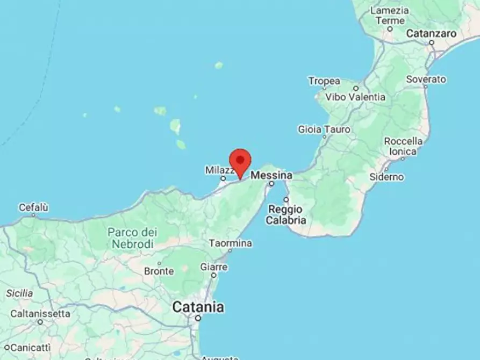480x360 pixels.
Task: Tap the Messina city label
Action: coord(271,175)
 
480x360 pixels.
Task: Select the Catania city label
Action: coord(198,307)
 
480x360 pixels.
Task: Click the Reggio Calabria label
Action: coord(287,214)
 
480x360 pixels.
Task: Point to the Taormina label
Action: coord(230,243)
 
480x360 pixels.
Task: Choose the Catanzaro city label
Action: coord(431,33)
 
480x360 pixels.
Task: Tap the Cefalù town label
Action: coord(33,207)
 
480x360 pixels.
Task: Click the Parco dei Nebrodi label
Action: coord(132,238)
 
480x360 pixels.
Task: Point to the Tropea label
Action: coord(324,81)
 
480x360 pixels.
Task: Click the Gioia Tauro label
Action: coord(324,129)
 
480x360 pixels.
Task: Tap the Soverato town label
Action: coord(426,79)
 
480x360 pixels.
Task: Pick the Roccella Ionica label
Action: coord(403,146)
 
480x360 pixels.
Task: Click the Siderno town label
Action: coord(387,177)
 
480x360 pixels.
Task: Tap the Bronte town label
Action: coord(159,271)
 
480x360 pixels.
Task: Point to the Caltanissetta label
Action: coord(40,313)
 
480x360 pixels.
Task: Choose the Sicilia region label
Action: coord(19,293)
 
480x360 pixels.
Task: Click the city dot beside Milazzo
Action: coord(223,178)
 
